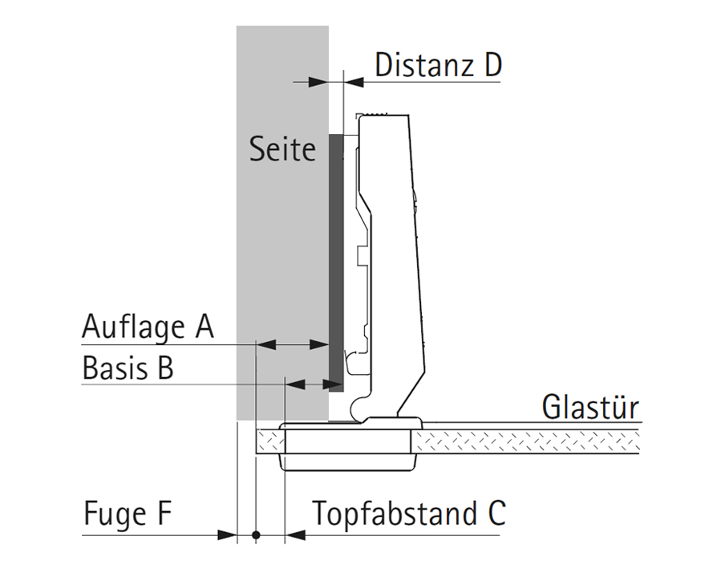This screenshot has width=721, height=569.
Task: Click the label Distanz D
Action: [x=438, y=64]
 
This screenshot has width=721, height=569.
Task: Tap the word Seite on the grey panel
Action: [x=282, y=149]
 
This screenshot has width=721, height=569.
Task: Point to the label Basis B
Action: [x=128, y=369]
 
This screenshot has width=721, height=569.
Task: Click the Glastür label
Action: [x=590, y=407]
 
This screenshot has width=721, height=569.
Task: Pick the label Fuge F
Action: [x=128, y=514]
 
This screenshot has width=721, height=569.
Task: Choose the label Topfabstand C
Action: [x=409, y=514]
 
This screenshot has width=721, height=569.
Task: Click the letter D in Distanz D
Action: [x=492, y=64]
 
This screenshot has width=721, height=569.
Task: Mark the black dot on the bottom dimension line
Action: [x=256, y=534]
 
